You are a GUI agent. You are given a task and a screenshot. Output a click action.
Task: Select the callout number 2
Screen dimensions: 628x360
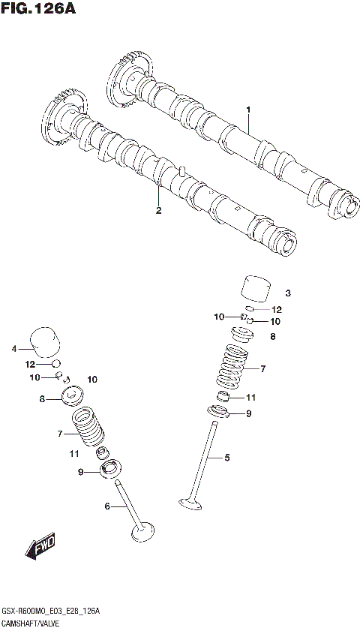pos(158,210)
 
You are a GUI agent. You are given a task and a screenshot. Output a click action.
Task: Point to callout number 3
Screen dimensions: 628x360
pos(286,293)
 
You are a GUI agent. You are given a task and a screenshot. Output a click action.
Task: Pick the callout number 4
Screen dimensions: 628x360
pos(13,348)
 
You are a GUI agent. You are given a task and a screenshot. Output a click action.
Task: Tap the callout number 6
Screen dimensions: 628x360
pos(107,506)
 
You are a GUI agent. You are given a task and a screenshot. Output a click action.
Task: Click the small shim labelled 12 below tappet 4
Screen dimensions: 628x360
pos(55,364)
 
